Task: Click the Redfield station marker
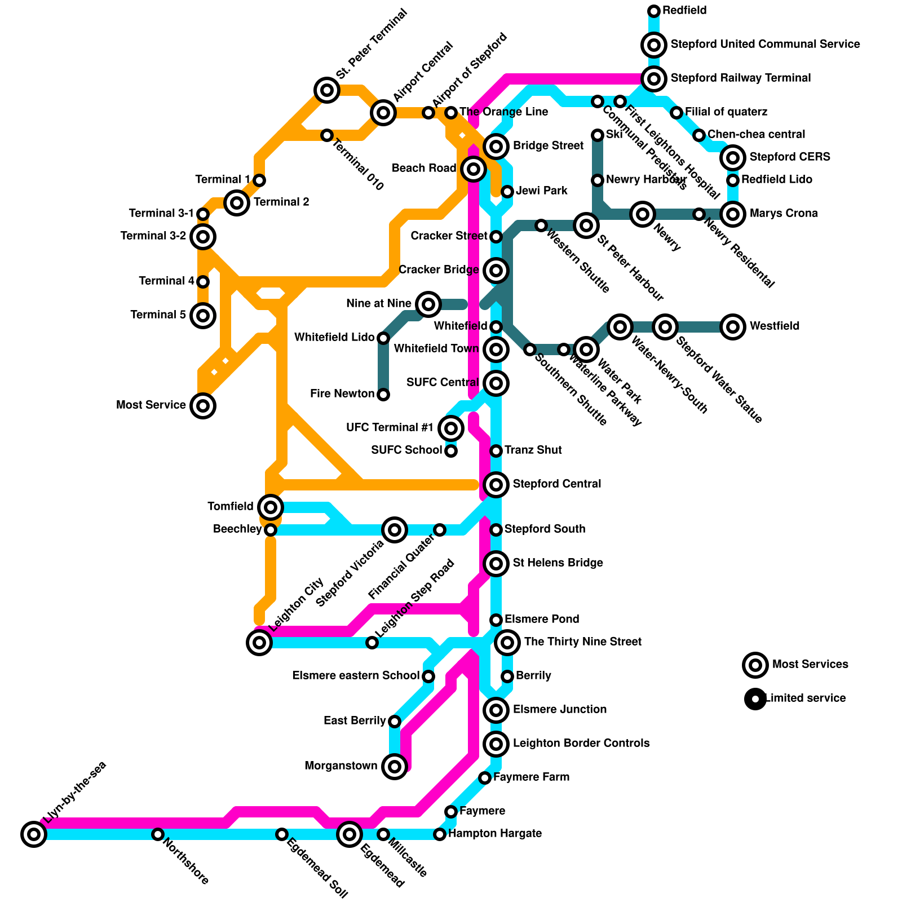click(x=654, y=11)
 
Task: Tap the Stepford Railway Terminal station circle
click(x=654, y=78)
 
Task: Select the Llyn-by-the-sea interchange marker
click(x=34, y=834)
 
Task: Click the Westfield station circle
click(x=733, y=326)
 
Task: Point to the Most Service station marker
click(x=203, y=405)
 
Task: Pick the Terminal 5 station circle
click(x=203, y=315)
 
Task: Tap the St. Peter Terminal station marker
click(x=327, y=90)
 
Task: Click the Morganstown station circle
click(x=395, y=766)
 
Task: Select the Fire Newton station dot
click(x=383, y=394)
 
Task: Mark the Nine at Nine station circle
click(x=428, y=304)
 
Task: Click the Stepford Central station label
click(x=556, y=484)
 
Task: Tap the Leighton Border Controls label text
click(x=581, y=743)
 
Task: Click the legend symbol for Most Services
click(x=755, y=665)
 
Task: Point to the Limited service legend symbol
click(x=755, y=698)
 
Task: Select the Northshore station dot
click(x=158, y=834)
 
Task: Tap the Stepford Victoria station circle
click(x=395, y=529)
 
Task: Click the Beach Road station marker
click(x=474, y=169)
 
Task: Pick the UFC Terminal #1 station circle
click(x=451, y=428)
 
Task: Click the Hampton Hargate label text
click(x=494, y=833)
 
